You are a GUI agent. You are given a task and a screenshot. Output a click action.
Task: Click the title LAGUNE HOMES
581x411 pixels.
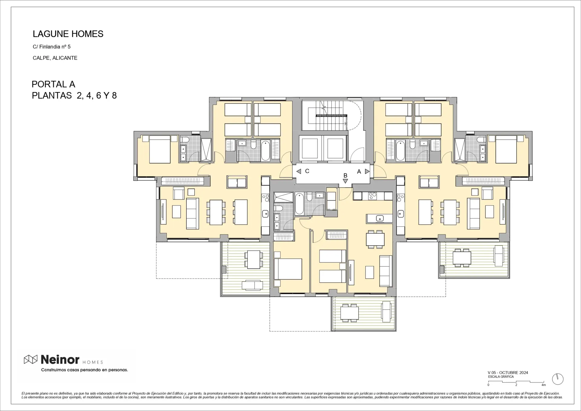68,34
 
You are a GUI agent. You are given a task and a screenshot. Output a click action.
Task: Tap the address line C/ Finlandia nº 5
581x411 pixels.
51,47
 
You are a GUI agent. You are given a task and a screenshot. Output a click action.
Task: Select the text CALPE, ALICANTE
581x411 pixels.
55,58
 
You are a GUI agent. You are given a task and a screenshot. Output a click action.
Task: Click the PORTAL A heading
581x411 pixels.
53,84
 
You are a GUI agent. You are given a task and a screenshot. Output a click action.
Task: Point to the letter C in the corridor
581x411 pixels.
307,171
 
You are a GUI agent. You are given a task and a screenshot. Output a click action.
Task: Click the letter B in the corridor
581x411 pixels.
345,176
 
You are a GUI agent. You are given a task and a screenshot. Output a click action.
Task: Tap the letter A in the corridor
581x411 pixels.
359,172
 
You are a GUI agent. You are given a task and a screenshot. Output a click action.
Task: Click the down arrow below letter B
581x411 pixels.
345,181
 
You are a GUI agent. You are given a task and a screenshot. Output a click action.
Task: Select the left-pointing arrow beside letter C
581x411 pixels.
299,171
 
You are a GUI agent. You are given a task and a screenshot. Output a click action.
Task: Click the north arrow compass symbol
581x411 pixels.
557,379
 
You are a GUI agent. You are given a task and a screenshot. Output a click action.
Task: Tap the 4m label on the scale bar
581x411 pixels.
543,385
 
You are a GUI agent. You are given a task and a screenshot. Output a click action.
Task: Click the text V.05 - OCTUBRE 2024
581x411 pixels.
508,373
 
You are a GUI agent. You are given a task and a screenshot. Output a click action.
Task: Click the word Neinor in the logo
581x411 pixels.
60,360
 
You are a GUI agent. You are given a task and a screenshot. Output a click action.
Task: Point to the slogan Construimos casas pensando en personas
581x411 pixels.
84,370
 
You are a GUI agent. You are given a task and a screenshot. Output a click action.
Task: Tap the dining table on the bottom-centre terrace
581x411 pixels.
350,313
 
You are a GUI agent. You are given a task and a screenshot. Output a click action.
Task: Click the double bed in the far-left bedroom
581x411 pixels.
160,149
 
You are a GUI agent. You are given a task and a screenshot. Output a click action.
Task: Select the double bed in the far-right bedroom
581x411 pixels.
506,149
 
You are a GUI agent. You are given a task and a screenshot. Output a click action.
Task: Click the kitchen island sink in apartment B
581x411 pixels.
379,218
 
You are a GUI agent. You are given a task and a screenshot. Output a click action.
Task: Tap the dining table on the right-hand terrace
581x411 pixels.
462,258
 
